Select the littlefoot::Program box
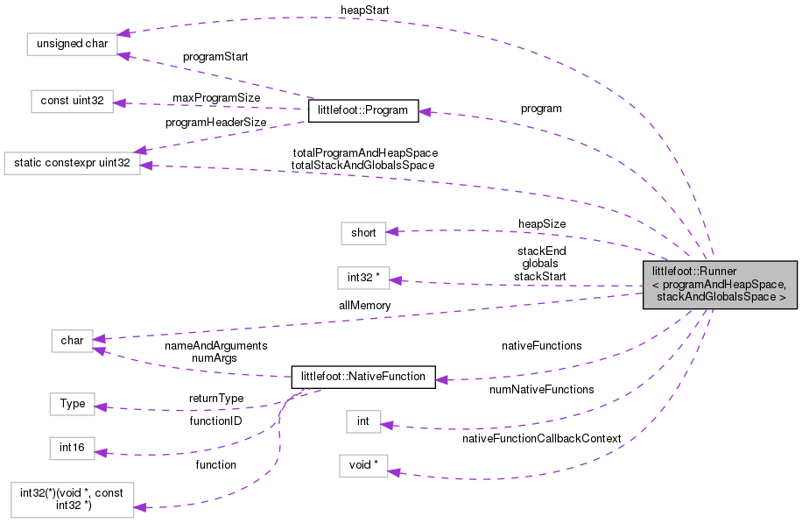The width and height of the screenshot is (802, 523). click(x=363, y=111)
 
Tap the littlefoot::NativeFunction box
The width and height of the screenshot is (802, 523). click(x=362, y=378)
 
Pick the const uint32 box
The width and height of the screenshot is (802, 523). click(x=72, y=102)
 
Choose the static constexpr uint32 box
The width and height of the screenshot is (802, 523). click(x=72, y=163)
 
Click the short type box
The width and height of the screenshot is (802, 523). click(x=363, y=233)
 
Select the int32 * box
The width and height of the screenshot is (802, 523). click(x=363, y=278)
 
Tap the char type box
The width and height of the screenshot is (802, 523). click(x=72, y=340)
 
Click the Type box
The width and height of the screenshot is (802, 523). click(x=72, y=404)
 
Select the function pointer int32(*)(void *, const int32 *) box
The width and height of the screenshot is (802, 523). click(x=72, y=498)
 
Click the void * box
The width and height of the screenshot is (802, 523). click(x=363, y=464)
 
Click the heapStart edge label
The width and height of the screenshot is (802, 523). click(x=365, y=10)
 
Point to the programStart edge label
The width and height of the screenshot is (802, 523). click(x=215, y=57)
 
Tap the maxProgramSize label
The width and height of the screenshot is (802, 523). click(x=215, y=97)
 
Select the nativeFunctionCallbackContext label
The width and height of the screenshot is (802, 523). click(x=541, y=438)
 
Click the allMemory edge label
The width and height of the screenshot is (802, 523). click(x=365, y=306)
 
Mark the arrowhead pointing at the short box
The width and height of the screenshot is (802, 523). click(x=393, y=231)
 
